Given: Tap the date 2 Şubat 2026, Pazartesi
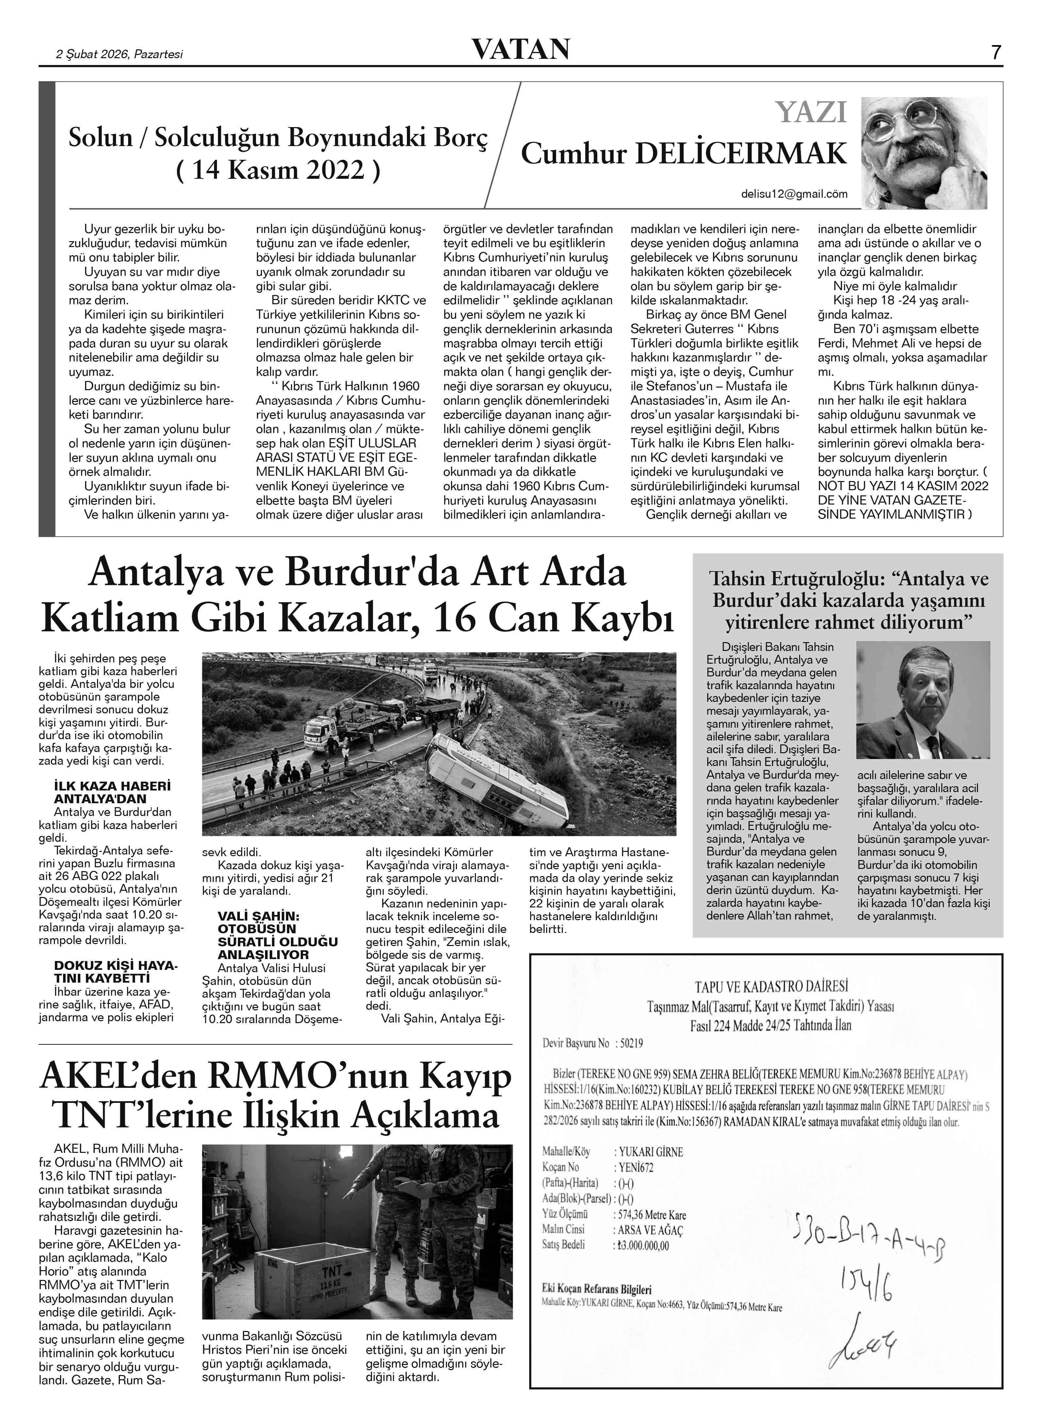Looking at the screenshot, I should click(120, 54).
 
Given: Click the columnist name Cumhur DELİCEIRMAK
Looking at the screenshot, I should click(684, 154).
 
